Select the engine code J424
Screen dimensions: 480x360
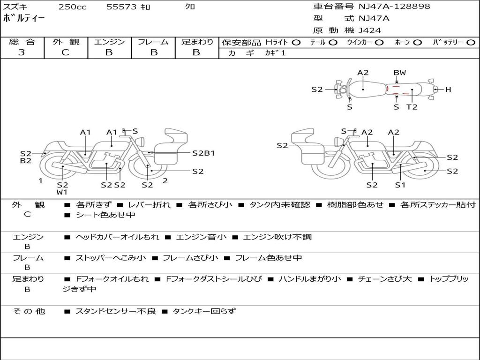tap(370, 30)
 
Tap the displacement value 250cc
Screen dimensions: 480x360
tap(72, 7)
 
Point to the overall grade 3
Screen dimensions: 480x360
tap(22, 52)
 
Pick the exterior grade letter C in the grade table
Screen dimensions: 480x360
tap(65, 52)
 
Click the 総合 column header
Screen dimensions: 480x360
tap(22, 42)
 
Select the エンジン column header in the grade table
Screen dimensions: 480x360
tap(109, 42)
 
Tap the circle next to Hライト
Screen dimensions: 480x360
tap(296, 42)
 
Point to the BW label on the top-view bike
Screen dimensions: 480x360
tap(399, 73)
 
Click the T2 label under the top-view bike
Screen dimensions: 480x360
tap(412, 107)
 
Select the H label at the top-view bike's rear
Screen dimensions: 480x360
tap(448, 89)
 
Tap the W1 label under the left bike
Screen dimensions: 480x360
tap(62, 192)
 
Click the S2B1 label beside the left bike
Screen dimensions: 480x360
tap(203, 153)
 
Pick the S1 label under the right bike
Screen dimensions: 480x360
tap(400, 185)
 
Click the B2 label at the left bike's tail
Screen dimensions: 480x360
tap(26, 161)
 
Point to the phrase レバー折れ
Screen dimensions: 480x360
tap(149, 205)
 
